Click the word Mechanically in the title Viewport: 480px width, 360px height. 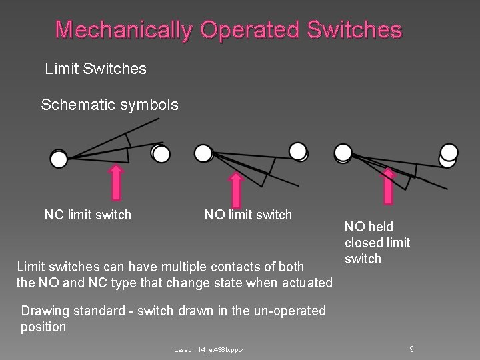coord(124,30)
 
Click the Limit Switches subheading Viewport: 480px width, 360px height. coord(95,69)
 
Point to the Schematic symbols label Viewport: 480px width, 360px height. coord(109,105)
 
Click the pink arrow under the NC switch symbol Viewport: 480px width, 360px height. coord(117,182)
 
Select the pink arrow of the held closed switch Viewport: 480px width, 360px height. coord(389,185)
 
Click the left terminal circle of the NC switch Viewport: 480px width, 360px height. coord(59,159)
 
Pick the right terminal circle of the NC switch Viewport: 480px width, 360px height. coord(161,154)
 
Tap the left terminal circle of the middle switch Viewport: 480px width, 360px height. coord(203,153)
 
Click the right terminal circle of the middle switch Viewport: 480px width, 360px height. coord(298,151)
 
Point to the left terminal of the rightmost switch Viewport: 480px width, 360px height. coord(343,153)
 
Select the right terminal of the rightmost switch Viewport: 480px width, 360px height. coord(448,154)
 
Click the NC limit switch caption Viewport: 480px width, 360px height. coord(87,215)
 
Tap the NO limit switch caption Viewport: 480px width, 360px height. coord(248,215)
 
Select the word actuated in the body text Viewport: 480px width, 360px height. coord(307,283)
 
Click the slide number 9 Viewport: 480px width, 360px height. coord(412,349)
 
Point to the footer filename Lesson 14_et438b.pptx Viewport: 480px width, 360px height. coord(209,350)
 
